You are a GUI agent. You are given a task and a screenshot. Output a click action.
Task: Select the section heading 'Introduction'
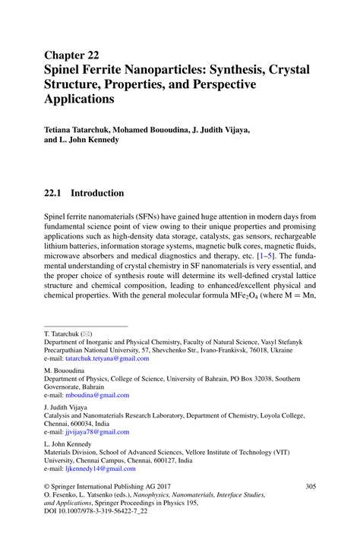coord(97,193)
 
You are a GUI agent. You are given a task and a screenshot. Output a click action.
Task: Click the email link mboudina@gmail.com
coord(97,395)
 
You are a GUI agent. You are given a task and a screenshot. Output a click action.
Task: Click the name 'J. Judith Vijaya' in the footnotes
coord(68,406)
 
